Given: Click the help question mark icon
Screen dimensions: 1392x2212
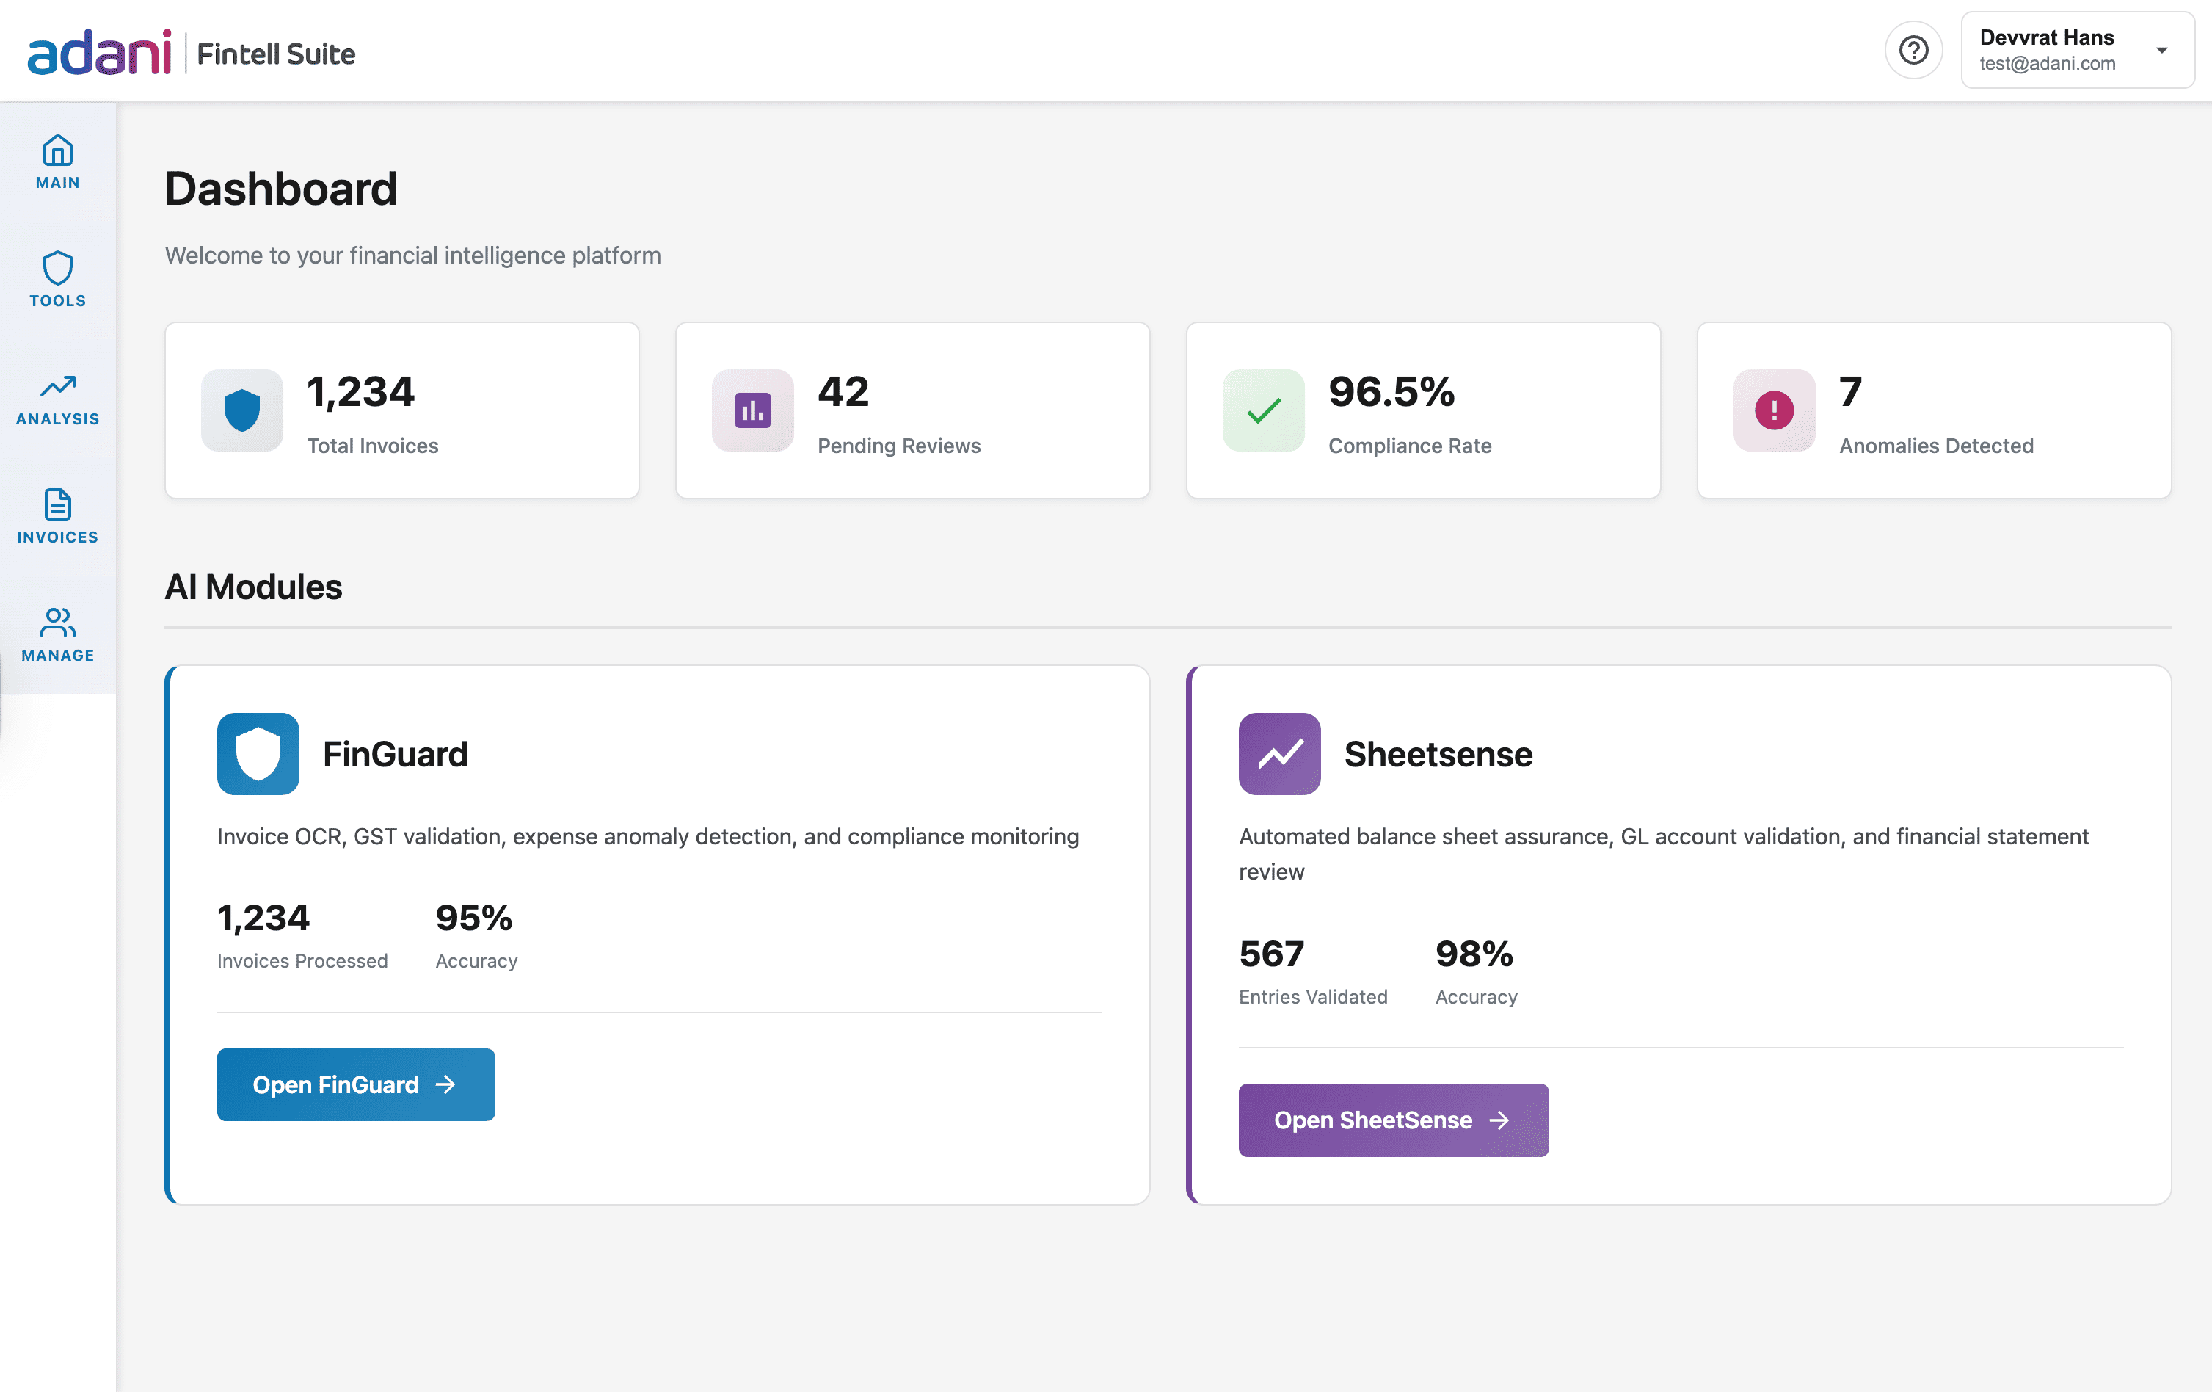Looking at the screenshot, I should (1913, 51).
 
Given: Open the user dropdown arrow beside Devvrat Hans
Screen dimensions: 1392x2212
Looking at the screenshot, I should (2161, 51).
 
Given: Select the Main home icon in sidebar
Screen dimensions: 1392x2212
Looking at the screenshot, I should (58, 150).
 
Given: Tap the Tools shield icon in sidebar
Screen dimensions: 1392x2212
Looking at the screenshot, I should (58, 268).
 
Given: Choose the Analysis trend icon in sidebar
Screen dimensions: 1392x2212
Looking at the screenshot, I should (58, 386).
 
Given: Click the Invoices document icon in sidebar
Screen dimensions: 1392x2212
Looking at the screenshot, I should (58, 504).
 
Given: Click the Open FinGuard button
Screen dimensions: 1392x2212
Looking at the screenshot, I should (355, 1084).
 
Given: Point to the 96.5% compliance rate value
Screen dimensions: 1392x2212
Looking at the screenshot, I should (1391, 392).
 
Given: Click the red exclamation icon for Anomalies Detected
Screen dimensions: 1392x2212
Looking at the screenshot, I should (1773, 410).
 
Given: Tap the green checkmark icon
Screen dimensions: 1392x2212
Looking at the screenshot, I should (1263, 410).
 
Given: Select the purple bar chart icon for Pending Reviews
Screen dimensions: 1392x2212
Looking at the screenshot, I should (752, 410).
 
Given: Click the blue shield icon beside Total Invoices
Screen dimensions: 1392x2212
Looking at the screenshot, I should (241, 410).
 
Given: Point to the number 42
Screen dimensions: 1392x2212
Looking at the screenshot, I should (843, 392).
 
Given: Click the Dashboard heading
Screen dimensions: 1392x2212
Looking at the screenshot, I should (281, 189).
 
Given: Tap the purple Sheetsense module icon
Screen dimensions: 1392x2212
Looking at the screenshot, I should (1278, 753).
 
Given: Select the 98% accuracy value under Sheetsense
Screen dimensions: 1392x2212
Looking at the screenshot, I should (1474, 954).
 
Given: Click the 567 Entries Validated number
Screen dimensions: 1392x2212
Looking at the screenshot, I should (1271, 954).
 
